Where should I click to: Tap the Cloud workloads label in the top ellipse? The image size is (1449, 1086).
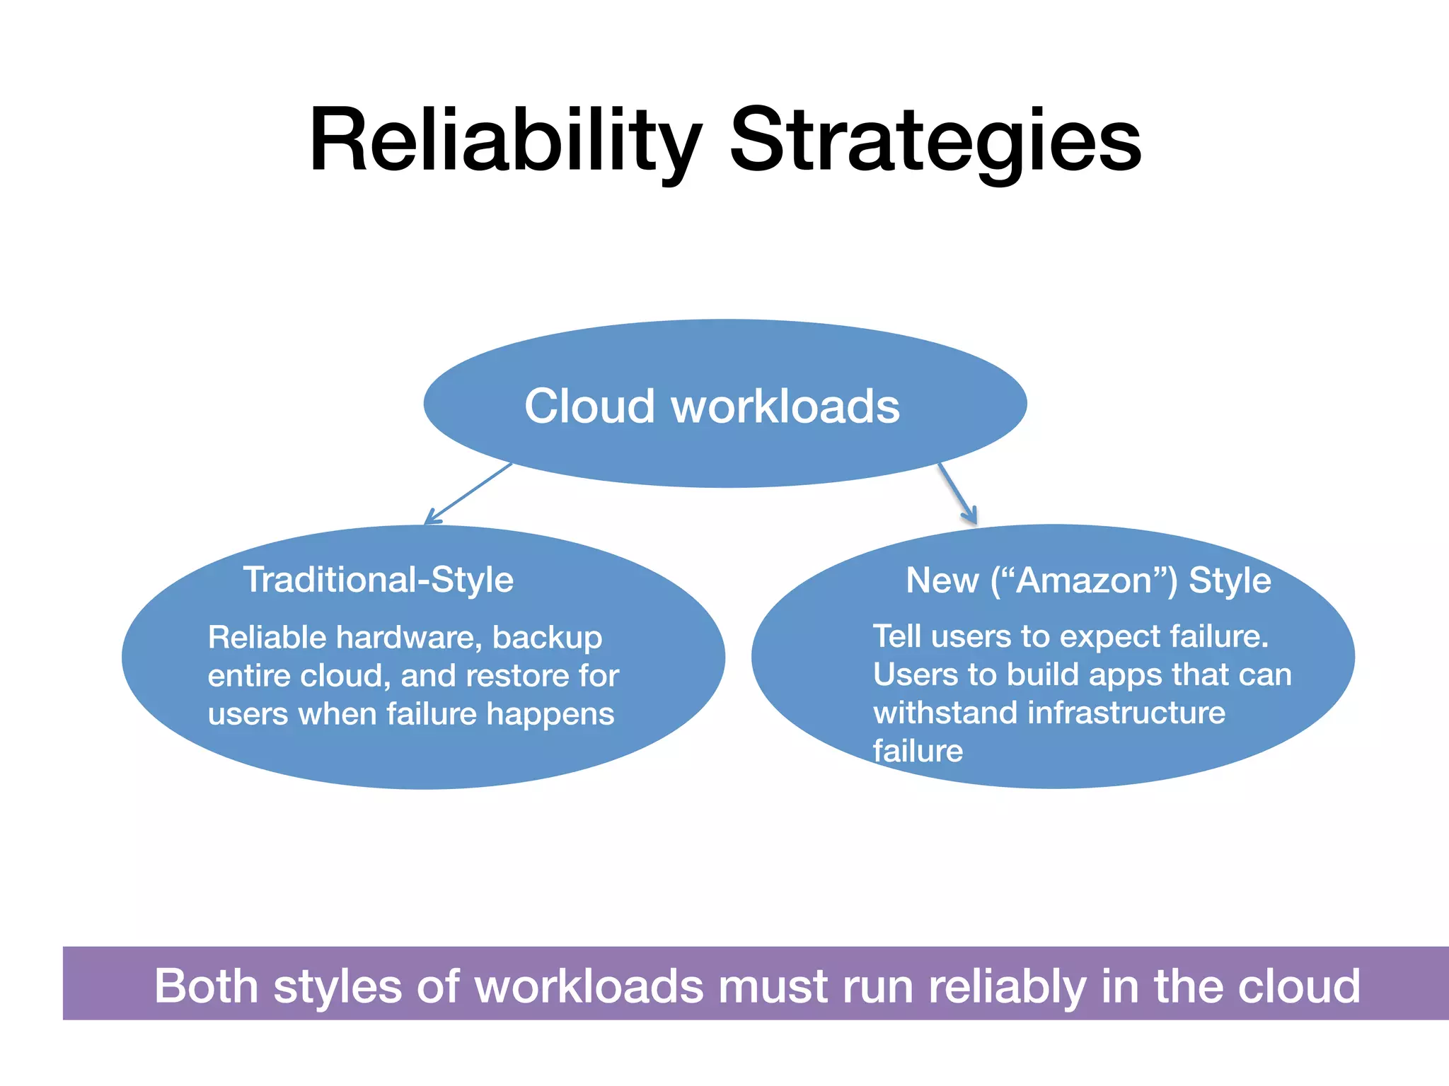[712, 407]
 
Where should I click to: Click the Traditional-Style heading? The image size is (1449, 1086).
[379, 580]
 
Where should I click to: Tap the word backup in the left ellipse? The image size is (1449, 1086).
[547, 638]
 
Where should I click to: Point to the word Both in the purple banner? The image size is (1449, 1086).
[207, 986]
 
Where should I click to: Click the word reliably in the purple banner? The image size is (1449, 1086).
[1008, 986]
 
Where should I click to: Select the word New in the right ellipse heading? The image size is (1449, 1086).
[941, 580]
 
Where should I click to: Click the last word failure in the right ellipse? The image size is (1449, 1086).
[918, 751]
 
